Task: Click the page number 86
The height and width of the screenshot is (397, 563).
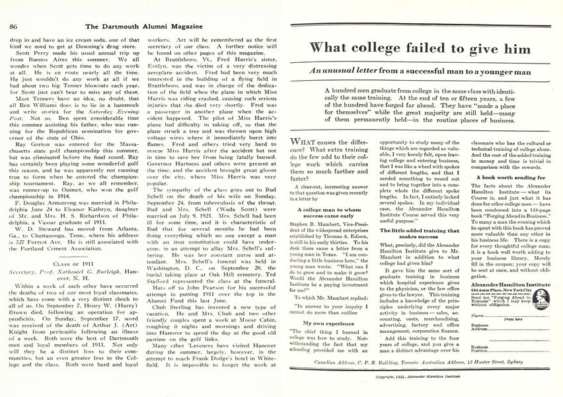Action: tap(13, 8)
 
